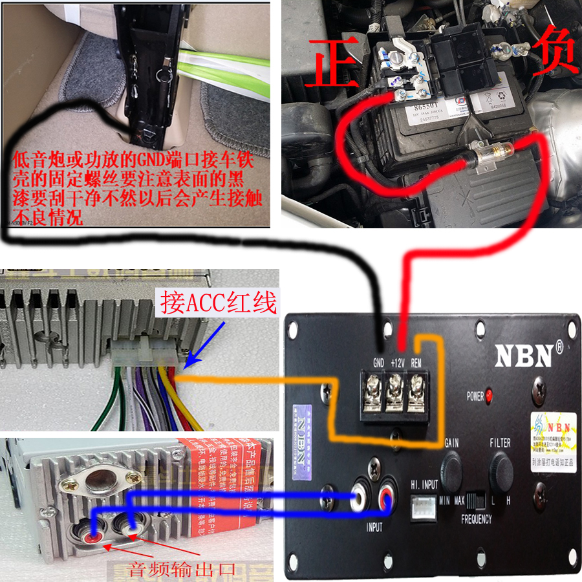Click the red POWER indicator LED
[490, 394]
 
